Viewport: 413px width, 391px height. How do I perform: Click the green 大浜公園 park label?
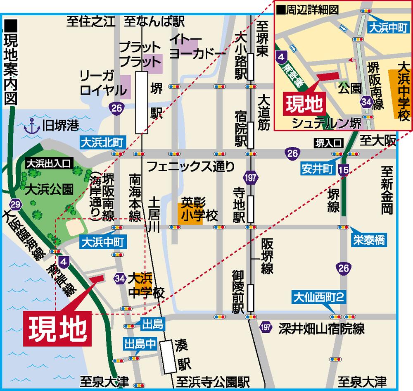coord(49,190)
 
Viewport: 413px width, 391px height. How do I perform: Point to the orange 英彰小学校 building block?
coord(190,213)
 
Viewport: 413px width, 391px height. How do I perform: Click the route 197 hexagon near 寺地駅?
coord(251,179)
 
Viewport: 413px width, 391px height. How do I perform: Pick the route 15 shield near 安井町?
coord(343,169)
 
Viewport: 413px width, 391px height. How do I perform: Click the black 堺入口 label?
coord(329,143)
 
